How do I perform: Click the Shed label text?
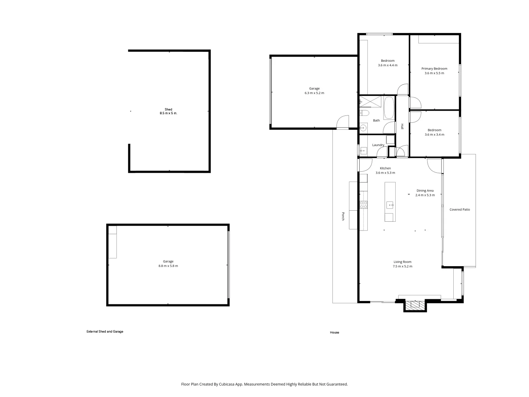click(x=168, y=109)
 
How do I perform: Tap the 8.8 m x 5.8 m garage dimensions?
click(x=168, y=266)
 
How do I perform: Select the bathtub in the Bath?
click(x=389, y=108)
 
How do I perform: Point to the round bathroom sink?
click(x=363, y=128)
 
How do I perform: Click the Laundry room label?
click(x=378, y=145)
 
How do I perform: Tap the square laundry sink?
click(x=363, y=150)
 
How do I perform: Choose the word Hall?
click(x=402, y=126)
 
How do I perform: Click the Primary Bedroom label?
click(x=434, y=68)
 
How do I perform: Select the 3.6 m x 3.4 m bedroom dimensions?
click(x=434, y=135)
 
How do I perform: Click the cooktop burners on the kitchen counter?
click(x=363, y=205)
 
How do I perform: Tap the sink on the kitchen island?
click(x=390, y=205)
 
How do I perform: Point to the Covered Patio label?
click(x=460, y=210)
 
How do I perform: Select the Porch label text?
click(x=343, y=216)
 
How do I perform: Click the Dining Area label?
click(x=425, y=190)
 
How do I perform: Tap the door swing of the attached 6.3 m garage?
click(x=343, y=122)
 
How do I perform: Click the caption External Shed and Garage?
click(x=105, y=332)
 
